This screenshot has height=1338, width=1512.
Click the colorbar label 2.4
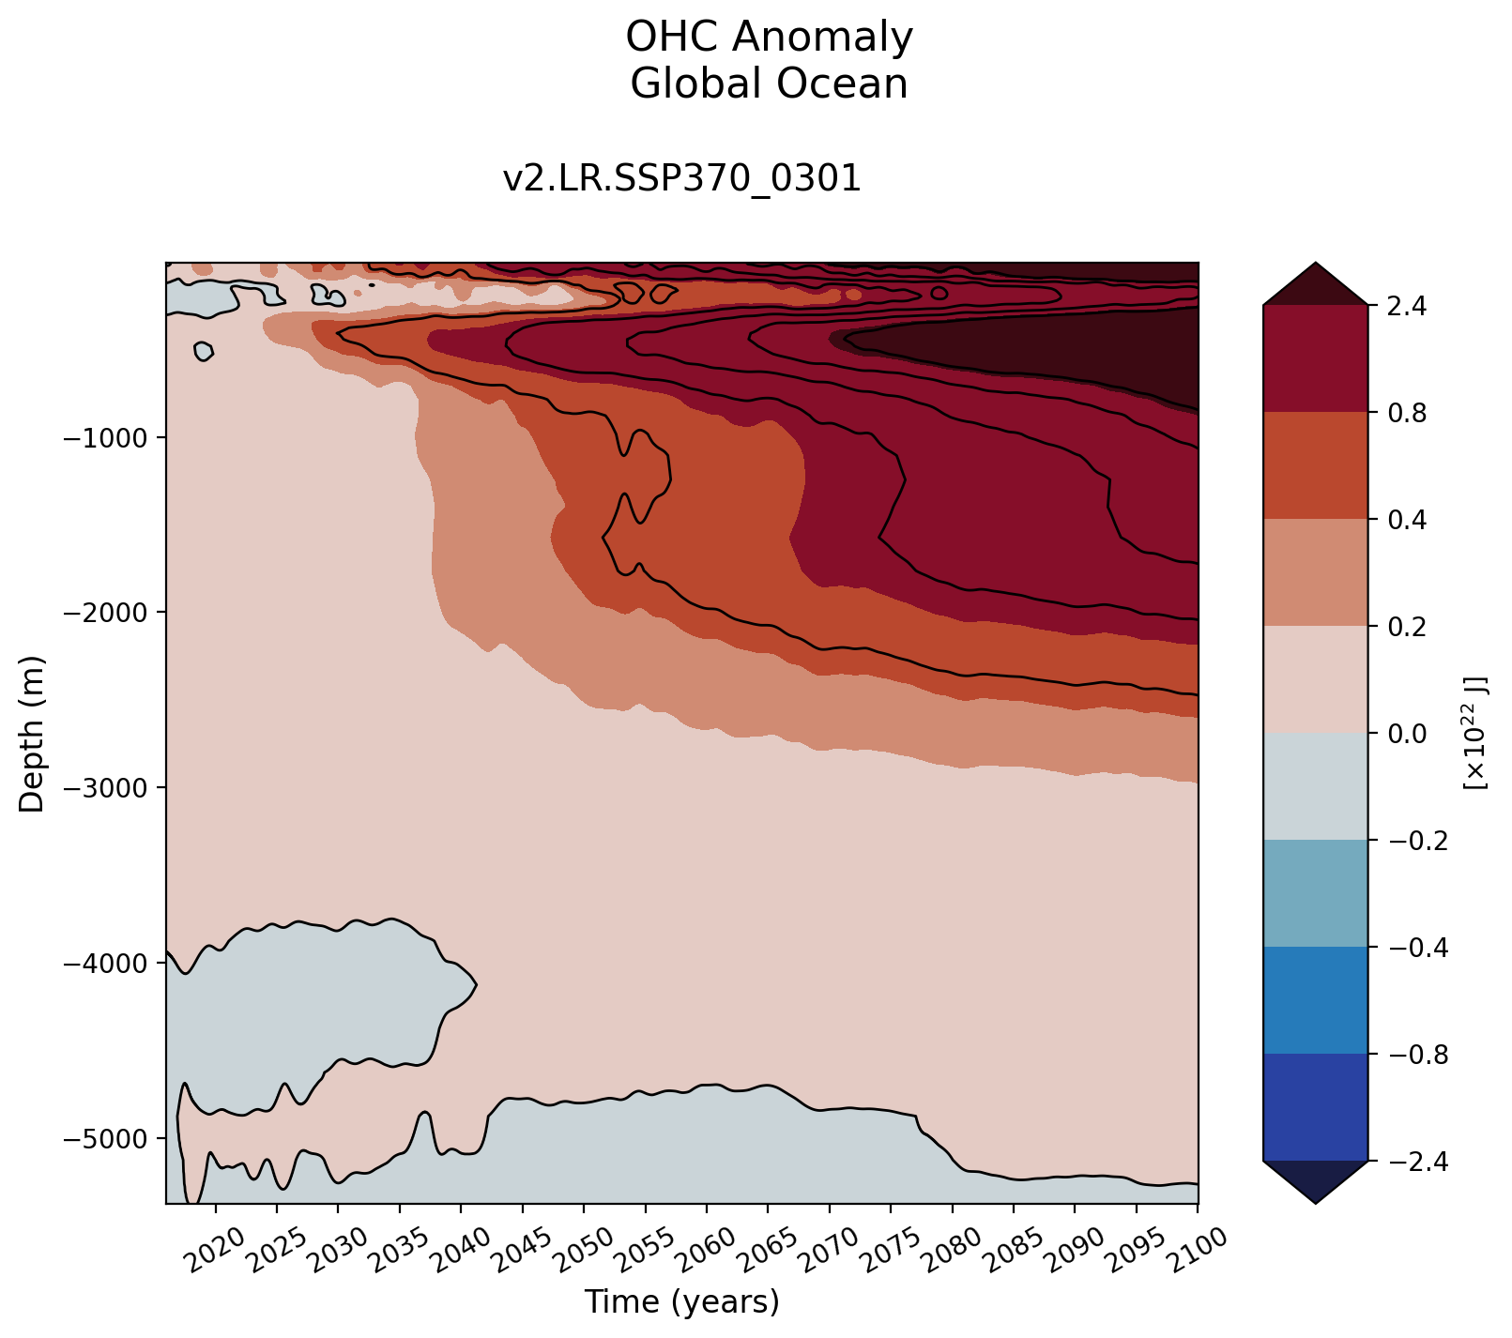tap(1401, 306)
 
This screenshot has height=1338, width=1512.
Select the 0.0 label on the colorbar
tap(1401, 734)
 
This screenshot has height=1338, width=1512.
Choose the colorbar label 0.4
tap(1401, 520)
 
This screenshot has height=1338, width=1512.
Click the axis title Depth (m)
tap(33, 734)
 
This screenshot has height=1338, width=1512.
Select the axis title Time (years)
tap(681, 1302)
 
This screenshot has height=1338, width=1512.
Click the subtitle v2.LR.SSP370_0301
tap(681, 178)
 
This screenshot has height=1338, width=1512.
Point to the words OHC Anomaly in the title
tap(769, 38)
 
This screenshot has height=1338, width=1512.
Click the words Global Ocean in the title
tap(769, 84)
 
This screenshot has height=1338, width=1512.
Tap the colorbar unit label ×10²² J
tap(1474, 734)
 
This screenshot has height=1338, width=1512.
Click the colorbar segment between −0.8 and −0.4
tap(1315, 1000)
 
